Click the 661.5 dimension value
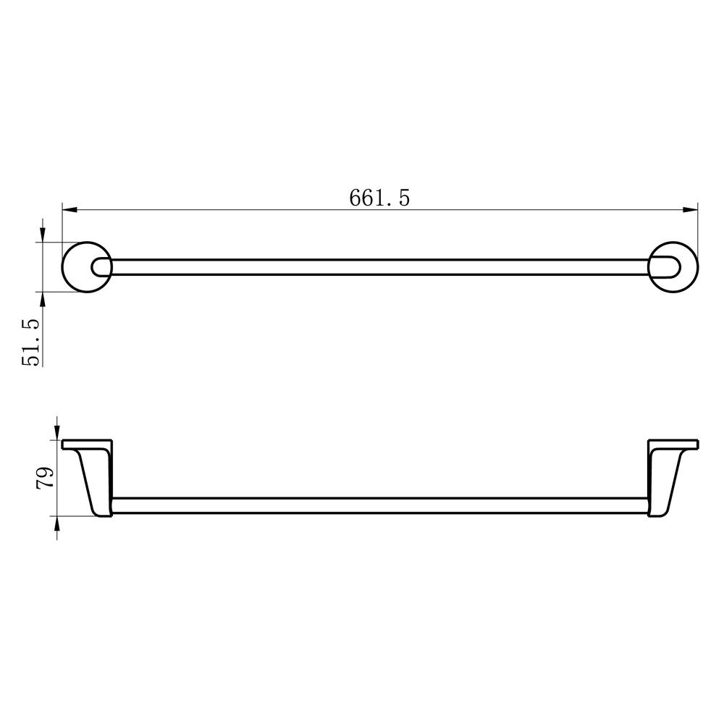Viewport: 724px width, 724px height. (379, 198)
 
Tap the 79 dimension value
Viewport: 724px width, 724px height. (45, 478)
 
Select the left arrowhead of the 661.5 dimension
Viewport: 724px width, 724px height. (70, 210)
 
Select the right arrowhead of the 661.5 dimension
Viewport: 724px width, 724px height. (690, 210)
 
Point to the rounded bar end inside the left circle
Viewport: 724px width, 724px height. (93, 267)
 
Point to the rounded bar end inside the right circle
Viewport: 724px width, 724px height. (679, 267)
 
